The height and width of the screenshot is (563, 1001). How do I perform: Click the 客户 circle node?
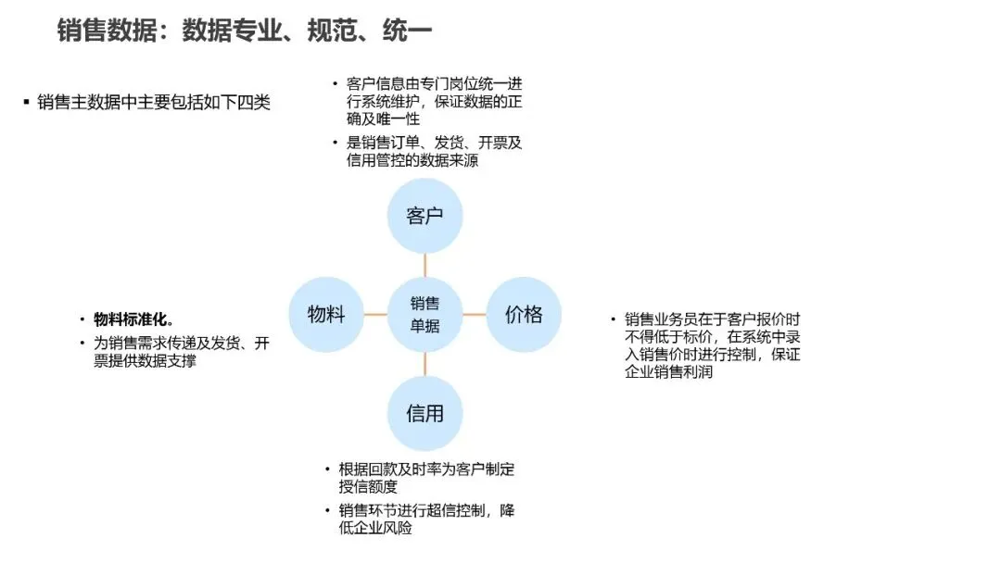(x=424, y=217)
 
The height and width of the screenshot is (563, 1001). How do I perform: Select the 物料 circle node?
(x=326, y=315)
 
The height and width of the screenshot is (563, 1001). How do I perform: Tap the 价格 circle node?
(x=524, y=315)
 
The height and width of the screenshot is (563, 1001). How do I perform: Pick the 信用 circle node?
(x=424, y=413)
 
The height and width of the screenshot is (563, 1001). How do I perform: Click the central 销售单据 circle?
(x=424, y=315)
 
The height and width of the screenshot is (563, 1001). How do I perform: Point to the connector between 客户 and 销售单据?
(x=424, y=266)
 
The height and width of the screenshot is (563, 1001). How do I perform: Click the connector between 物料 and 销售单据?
(x=375, y=315)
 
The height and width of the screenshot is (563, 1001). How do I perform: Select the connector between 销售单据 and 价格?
(x=474, y=315)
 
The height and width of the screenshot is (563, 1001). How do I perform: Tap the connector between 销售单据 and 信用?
(x=424, y=364)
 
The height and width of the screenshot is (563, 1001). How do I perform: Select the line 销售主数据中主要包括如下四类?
(x=154, y=103)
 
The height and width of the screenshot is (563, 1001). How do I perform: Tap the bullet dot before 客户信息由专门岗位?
(x=335, y=84)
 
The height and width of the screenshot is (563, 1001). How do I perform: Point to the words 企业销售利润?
(x=669, y=372)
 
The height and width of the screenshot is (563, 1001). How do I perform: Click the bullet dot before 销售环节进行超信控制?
(x=326, y=511)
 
